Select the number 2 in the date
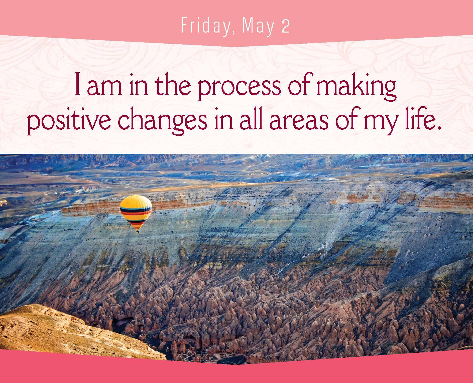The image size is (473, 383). (x=286, y=26)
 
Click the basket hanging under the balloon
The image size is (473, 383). (x=137, y=232)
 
